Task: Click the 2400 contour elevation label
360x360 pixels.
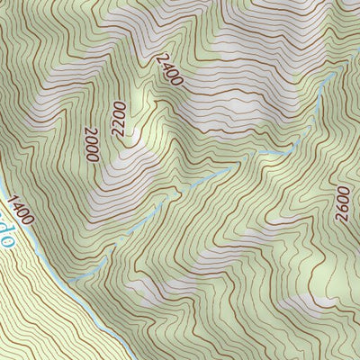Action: point(168,70)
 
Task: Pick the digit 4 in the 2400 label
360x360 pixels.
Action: point(165,66)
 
